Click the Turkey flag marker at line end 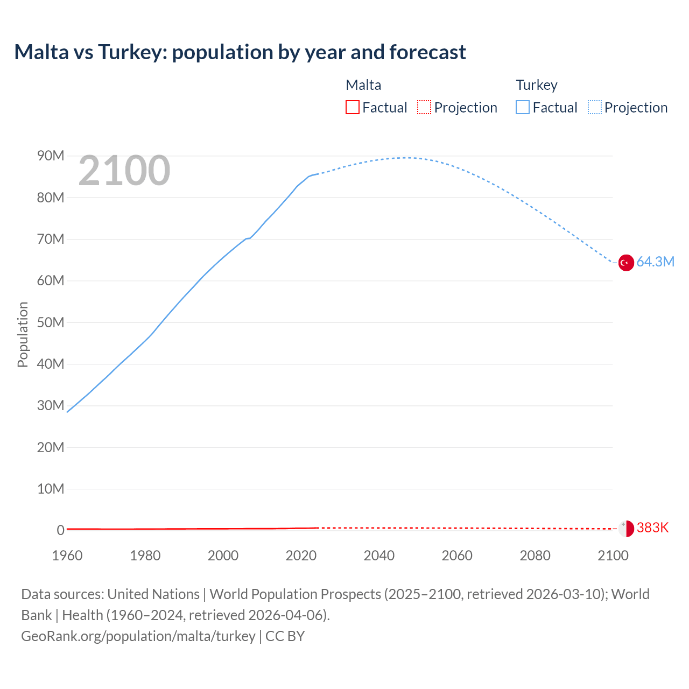[625, 263]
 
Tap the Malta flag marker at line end [625, 529]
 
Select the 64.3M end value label [655, 262]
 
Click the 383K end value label [652, 528]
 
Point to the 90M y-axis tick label [51, 156]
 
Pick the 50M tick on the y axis [51, 322]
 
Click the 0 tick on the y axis [60, 530]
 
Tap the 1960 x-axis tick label [67, 556]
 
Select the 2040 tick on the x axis [379, 556]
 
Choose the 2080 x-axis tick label [535, 556]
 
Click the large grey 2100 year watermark [124, 171]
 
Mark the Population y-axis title [23, 334]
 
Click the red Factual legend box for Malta [352, 107]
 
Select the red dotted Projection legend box [424, 107]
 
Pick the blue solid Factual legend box [523, 107]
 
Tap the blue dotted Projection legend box [595, 107]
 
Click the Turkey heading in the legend [537, 85]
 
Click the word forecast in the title [427, 52]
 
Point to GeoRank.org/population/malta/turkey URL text [138, 636]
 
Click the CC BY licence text [285, 636]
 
